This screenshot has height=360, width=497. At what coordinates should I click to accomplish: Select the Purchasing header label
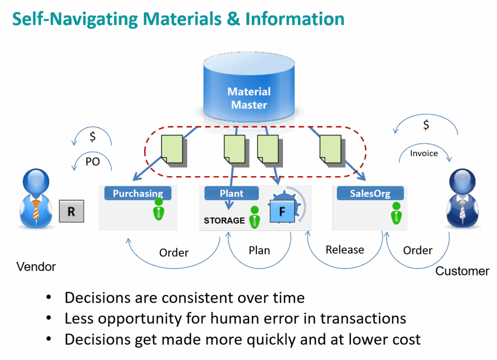(138, 194)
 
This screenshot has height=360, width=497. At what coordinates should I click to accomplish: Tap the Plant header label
(232, 193)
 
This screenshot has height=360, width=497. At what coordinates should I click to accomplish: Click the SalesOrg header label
(370, 193)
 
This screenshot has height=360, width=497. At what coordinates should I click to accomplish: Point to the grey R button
(71, 211)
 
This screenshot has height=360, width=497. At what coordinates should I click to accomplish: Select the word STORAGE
(224, 220)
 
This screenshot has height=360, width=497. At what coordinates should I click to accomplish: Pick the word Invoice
(424, 153)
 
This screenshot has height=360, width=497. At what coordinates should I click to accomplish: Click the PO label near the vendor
(92, 162)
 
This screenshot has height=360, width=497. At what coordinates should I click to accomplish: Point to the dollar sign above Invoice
(426, 126)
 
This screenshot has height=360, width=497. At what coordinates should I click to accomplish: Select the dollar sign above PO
(92, 137)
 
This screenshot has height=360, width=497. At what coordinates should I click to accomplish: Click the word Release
(345, 250)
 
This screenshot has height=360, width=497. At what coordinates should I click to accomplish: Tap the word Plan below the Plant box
(259, 251)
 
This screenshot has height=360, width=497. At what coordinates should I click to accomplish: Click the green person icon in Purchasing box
(159, 209)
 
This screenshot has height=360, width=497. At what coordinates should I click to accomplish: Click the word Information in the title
(295, 19)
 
